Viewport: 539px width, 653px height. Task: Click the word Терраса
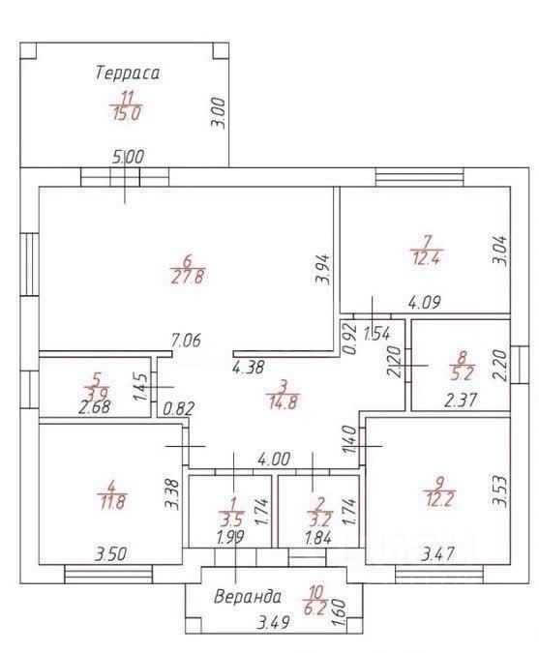pos(127,73)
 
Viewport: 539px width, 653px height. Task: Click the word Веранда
pos(248,597)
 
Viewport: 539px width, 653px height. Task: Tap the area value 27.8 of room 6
pos(187,277)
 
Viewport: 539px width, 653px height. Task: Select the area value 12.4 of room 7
pos(426,258)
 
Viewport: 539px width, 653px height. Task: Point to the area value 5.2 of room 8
pos(462,372)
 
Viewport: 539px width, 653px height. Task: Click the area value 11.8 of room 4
pos(111,502)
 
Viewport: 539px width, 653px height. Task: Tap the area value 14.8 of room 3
pos(284,402)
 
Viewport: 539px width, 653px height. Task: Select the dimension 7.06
pos(186,341)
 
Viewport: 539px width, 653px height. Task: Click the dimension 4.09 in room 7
pos(424,302)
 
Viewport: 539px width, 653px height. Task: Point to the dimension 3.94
pos(323,269)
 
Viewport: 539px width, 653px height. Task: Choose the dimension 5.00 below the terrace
pos(129,157)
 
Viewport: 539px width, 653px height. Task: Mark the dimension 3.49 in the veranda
pos(273,623)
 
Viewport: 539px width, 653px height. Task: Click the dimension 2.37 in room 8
pos(461,401)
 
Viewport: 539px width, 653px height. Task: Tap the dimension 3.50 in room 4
pos(110,554)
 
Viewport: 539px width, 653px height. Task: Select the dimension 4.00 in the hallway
pos(274,460)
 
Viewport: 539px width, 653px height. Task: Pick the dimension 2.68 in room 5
pos(95,406)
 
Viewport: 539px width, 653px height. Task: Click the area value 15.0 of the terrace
pos(127,113)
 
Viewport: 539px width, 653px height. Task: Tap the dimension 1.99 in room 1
pos(230,537)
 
